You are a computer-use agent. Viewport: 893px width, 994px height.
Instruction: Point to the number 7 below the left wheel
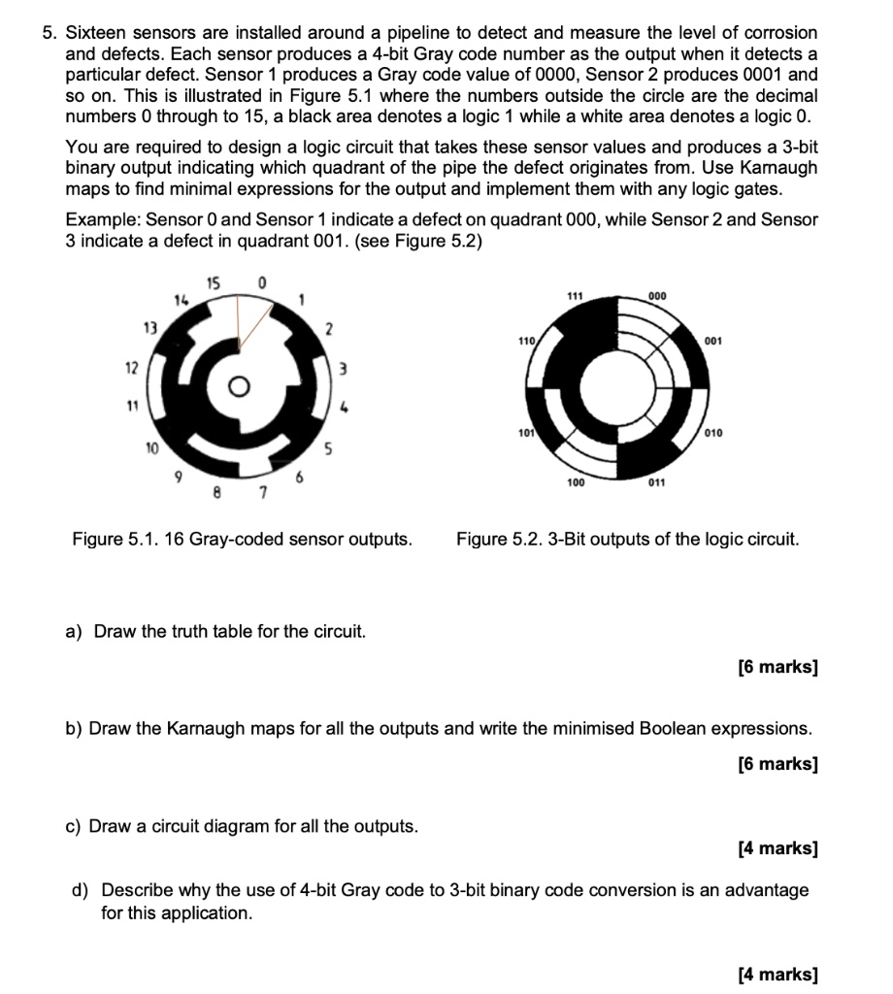click(x=262, y=498)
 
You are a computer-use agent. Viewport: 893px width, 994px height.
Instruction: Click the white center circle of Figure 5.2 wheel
click(x=618, y=390)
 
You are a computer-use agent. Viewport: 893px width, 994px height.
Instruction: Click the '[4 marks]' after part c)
click(x=777, y=849)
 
